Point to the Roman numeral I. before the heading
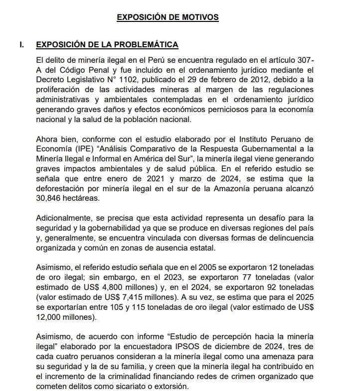(21, 45)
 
